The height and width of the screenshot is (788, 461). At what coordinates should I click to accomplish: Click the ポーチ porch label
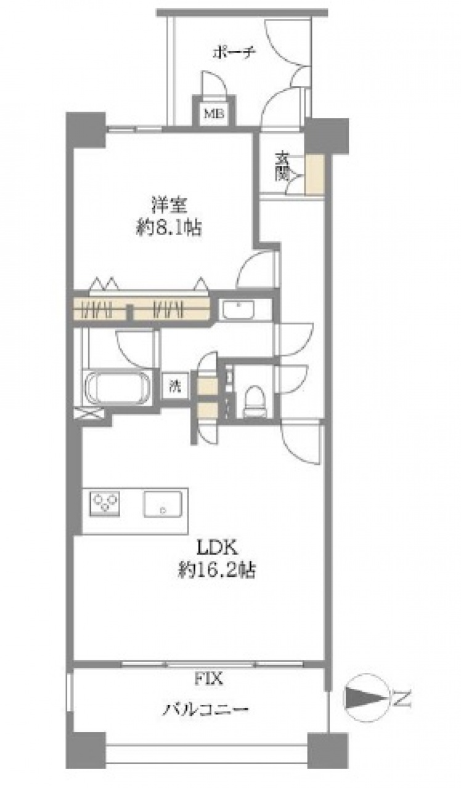tap(234, 53)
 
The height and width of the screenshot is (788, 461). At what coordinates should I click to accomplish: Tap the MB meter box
tap(214, 113)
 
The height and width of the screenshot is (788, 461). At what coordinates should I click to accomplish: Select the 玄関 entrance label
tap(282, 166)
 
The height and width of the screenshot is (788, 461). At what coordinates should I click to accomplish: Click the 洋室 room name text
tap(169, 206)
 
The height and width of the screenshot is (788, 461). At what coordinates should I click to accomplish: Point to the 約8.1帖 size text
tap(169, 228)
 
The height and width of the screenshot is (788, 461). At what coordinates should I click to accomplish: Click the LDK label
tap(216, 547)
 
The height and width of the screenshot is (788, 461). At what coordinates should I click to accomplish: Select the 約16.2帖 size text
tap(216, 569)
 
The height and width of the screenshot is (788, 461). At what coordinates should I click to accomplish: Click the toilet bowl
tap(255, 400)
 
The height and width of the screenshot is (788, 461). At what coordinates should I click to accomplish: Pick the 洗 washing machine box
tap(175, 386)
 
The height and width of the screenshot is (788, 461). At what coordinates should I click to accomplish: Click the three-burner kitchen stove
tap(105, 504)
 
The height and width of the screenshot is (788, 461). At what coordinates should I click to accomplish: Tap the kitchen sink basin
tap(162, 504)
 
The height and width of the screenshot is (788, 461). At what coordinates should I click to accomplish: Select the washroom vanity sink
tap(239, 309)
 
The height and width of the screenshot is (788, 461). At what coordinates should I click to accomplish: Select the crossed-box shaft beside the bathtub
tap(89, 412)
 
